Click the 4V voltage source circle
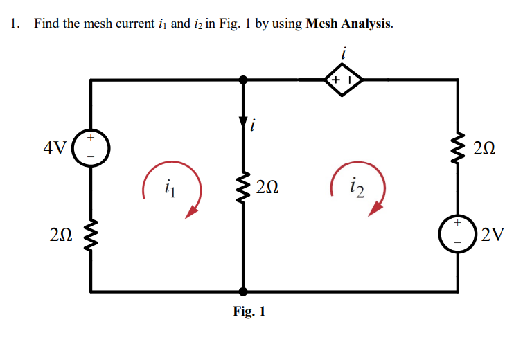click(x=91, y=148)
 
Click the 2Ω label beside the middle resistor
click(x=267, y=186)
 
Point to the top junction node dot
click(x=242, y=80)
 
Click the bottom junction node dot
click(x=242, y=291)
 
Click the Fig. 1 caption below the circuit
click(x=249, y=312)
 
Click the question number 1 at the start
click(x=14, y=24)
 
